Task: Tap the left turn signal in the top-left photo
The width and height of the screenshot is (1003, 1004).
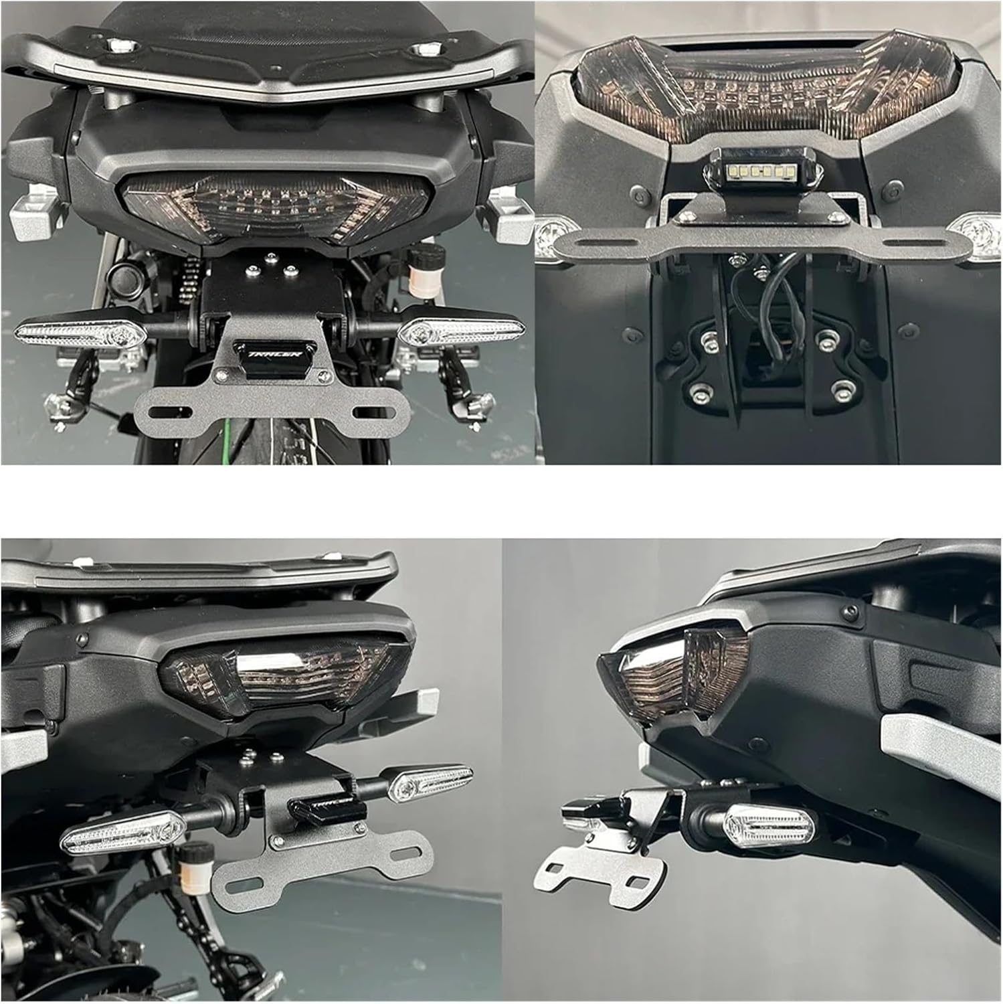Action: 80,333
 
